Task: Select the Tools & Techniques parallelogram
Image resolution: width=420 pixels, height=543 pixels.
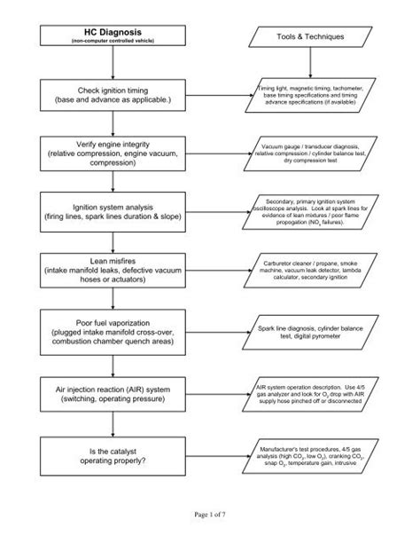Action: [x=309, y=36]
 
